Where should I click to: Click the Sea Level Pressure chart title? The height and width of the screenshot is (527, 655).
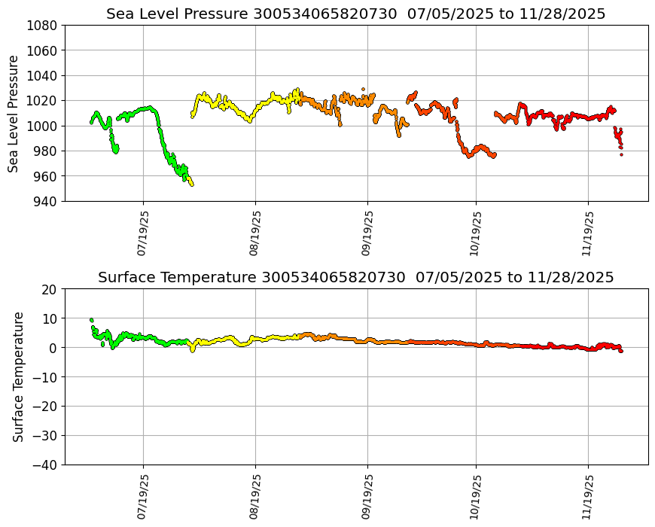pyautogui.click(x=355, y=14)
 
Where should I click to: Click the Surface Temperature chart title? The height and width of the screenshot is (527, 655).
pyautogui.click(x=355, y=278)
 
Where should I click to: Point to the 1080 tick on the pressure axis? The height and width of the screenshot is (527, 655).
pyautogui.click(x=44, y=25)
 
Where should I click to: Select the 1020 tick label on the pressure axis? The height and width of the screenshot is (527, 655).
pyautogui.click(x=44, y=100)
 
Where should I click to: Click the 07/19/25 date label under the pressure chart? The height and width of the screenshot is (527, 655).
pyautogui.click(x=142, y=233)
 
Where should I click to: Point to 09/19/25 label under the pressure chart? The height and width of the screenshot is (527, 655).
pyautogui.click(x=367, y=233)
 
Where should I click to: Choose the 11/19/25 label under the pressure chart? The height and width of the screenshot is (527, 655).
pyautogui.click(x=588, y=233)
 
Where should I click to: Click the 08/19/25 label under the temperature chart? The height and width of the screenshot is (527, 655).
pyautogui.click(x=254, y=497)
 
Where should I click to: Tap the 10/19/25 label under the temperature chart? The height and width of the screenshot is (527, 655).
pyautogui.click(x=475, y=497)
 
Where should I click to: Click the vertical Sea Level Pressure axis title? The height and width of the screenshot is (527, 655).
pyautogui.click(x=14, y=113)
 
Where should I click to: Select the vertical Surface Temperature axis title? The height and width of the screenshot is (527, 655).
pyautogui.click(x=18, y=376)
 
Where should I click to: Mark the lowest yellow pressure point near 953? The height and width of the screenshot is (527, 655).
pyautogui.click(x=192, y=184)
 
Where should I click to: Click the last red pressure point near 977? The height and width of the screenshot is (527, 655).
pyautogui.click(x=621, y=154)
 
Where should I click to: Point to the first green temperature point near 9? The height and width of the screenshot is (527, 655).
pyautogui.click(x=92, y=320)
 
